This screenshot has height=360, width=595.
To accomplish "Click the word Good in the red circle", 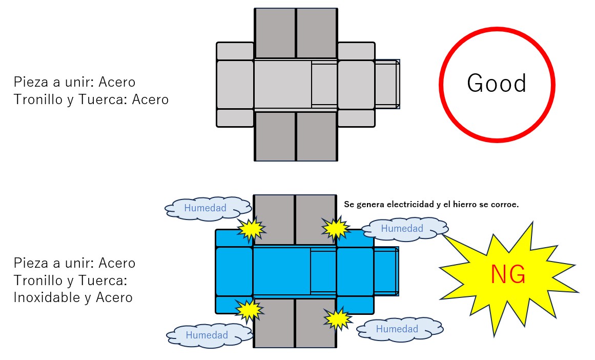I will point(497,84).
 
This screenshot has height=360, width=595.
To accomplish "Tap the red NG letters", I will point(508,275).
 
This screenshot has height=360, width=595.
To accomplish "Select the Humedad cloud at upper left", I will point(206,208).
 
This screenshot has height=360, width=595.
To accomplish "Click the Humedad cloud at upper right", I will point(402,228).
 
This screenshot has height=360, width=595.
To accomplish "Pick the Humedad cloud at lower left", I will point(207,335).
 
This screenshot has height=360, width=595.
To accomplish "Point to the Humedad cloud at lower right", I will point(397,329).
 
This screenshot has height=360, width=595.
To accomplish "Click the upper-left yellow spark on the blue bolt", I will point(251,230).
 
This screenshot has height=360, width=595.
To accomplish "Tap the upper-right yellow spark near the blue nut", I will point(336,228).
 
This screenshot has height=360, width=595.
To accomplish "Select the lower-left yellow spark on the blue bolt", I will point(249,309).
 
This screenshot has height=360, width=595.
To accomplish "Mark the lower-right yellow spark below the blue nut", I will point(338,319).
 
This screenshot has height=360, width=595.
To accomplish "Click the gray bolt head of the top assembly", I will point(235,85).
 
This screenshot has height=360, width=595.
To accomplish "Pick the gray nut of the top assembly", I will point(356,85).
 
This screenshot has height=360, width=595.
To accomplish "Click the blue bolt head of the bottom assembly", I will point(234,271).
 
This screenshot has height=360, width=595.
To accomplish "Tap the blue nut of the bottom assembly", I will point(355,271).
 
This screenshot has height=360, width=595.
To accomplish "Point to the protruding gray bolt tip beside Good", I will point(387,84).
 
